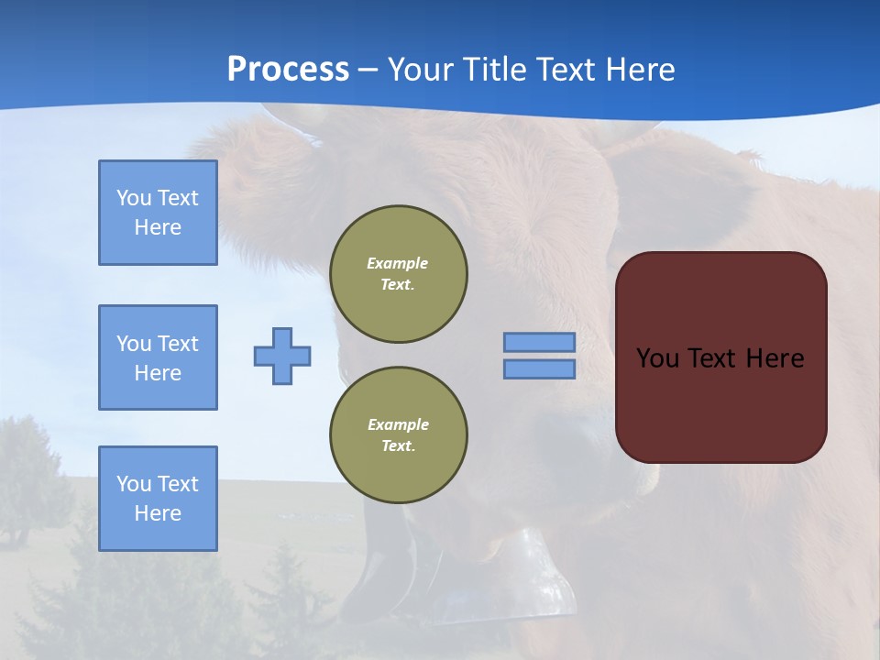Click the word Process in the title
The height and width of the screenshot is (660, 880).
[288, 70]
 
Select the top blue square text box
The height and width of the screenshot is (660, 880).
[158, 213]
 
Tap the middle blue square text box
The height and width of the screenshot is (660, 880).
[158, 357]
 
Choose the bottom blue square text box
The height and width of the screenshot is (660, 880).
[158, 499]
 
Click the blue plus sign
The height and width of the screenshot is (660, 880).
[282, 356]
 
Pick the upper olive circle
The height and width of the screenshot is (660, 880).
[398, 274]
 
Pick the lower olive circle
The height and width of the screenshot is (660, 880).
[398, 435]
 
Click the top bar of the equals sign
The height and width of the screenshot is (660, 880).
[539, 342]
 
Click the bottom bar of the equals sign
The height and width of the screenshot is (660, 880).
[539, 369]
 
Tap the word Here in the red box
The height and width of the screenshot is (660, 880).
[775, 358]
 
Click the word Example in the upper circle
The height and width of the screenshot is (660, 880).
[398, 263]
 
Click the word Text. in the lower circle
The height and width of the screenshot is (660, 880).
[398, 446]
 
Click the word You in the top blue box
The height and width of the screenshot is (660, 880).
[132, 198]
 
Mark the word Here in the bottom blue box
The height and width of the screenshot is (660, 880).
[158, 513]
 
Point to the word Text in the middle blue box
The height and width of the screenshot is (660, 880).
[178, 344]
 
